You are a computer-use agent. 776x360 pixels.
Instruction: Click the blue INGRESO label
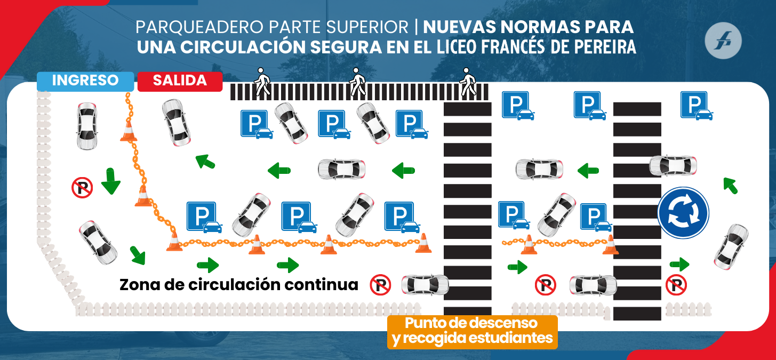click(85, 81)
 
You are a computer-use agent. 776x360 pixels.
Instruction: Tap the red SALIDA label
click(180, 81)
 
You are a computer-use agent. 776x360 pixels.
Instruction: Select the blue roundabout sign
click(683, 212)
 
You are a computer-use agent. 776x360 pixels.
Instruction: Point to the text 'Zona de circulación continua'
click(238, 284)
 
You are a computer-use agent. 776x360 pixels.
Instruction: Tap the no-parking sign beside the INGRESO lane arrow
click(82, 187)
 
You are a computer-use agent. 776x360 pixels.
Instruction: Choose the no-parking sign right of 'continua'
click(380, 285)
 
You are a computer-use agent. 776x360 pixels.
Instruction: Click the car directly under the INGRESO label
click(87, 126)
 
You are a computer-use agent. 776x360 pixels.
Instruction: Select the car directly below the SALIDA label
click(177, 123)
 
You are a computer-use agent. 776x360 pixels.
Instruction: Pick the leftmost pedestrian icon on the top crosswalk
click(262, 82)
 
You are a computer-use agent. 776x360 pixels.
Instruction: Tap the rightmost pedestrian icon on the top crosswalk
click(468, 82)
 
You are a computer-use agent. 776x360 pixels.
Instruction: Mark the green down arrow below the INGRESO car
click(111, 181)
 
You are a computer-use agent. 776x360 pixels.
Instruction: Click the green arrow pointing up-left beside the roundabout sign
click(730, 185)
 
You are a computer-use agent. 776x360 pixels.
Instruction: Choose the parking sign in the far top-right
click(695, 105)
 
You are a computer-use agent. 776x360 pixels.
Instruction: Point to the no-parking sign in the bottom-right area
click(676, 285)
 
